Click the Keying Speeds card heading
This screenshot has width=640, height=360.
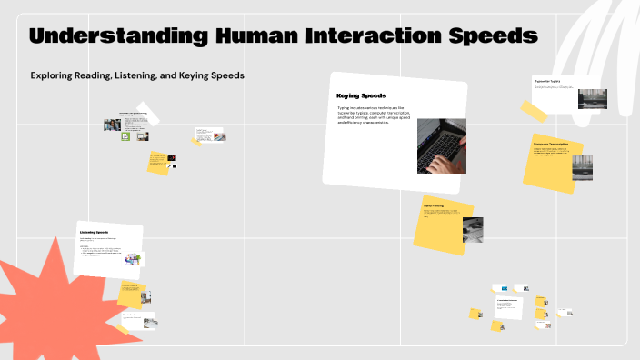coord(361,95)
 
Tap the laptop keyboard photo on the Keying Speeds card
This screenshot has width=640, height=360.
coord(442,145)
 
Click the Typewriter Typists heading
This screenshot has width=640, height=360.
coord(546,80)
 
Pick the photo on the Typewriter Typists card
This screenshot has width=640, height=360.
coord(592,98)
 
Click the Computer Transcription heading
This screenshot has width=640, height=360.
coord(551,144)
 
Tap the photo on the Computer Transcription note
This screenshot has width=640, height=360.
coord(581,166)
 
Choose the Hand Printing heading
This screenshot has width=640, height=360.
coord(434,205)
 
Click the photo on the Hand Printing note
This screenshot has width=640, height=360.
coord(472,229)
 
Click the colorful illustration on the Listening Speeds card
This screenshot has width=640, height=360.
coord(134,260)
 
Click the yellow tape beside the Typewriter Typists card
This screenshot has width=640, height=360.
coord(533,111)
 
